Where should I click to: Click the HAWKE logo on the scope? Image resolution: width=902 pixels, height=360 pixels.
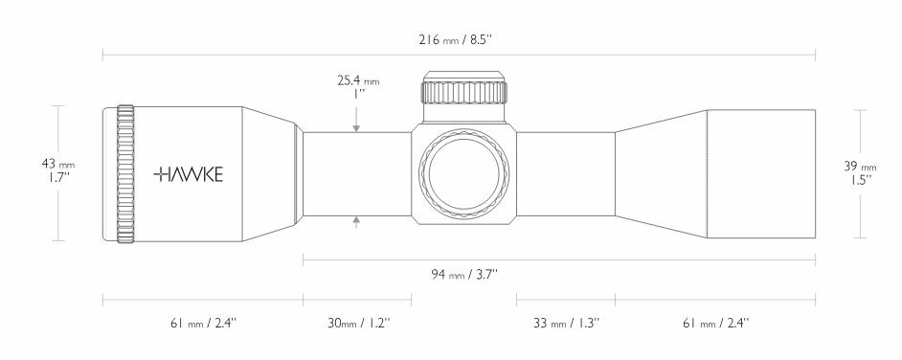[x=189, y=174]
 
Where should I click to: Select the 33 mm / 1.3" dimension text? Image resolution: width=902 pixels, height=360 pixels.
[x=566, y=324]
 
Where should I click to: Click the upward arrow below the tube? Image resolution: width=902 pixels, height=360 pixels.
[x=356, y=221]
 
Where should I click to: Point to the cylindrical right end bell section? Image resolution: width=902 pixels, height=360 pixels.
[x=761, y=174]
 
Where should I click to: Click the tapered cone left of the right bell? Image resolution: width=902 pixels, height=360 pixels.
[x=661, y=174]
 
